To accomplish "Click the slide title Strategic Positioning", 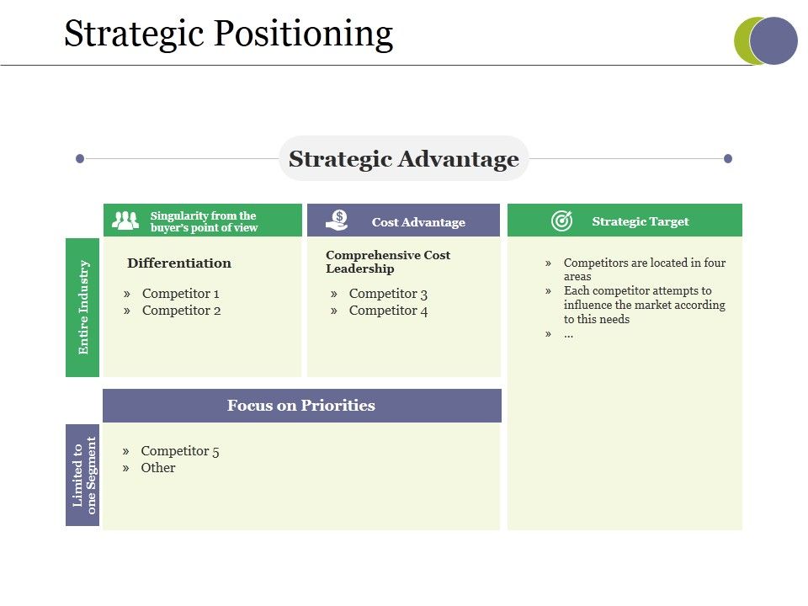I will point(228,35).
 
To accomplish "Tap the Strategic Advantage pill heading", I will point(403,159).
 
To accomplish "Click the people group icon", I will point(125,221).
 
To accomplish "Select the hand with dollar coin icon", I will point(337,221).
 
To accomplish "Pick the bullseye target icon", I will point(561,221).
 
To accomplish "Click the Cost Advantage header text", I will point(418,222).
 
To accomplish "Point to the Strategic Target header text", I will point(640,221).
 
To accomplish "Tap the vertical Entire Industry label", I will point(83,307).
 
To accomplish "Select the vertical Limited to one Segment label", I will point(83,475).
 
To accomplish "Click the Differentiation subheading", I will point(179,263).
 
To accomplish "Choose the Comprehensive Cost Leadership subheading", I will point(388,262).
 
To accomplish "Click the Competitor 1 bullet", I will point(180,294).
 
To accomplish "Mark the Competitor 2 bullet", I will point(181,311).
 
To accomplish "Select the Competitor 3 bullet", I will point(388,294).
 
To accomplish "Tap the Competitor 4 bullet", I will point(388,311).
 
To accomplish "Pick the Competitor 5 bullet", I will point(179,451).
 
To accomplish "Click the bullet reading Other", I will point(158,468).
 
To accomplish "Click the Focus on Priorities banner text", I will point(301,406).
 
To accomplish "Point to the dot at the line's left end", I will point(80,158).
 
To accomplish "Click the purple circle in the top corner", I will point(774,41).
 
